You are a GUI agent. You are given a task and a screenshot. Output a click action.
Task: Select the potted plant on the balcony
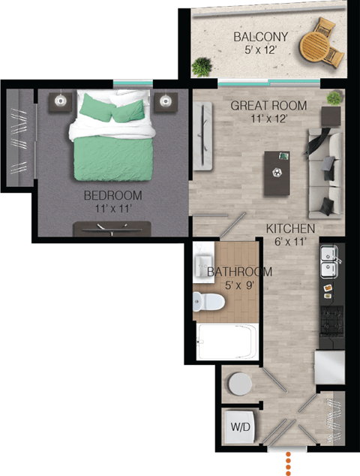click(200, 68)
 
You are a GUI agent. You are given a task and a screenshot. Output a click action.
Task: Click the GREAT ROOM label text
click(259, 106)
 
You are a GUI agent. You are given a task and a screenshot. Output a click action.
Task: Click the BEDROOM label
click(112, 196)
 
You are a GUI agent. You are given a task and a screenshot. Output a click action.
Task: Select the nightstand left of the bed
click(60, 101)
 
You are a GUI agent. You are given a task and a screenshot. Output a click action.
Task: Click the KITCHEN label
click(290, 228)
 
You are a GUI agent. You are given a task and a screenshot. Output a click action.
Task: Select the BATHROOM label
click(239, 272)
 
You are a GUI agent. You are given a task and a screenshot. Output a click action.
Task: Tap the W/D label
click(240, 427)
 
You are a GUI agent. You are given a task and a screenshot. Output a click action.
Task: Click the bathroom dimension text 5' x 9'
click(239, 285)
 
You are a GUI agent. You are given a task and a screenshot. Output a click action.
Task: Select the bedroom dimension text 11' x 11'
click(112, 209)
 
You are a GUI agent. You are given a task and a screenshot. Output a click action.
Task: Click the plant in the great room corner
click(334, 98)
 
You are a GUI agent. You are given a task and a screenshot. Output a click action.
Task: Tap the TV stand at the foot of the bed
click(112, 229)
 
